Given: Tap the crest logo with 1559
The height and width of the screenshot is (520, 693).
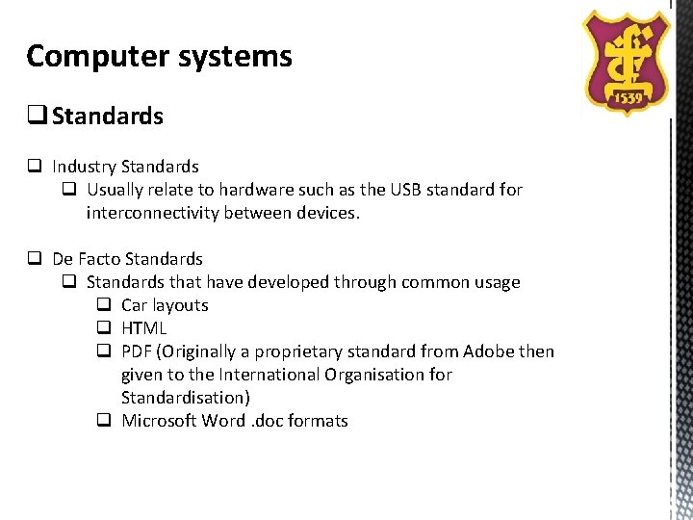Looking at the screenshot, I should [628, 61].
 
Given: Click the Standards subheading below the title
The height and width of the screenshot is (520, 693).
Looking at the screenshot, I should [108, 117].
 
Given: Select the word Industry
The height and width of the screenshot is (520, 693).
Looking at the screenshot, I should [84, 167].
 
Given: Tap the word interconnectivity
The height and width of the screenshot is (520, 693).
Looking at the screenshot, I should [152, 213].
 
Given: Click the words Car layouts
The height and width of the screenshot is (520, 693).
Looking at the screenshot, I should [165, 305].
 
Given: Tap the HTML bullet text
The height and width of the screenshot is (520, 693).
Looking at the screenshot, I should [144, 328].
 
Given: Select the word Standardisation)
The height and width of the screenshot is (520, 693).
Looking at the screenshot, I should [186, 398].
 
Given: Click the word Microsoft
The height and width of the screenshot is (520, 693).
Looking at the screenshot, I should [158, 421].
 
